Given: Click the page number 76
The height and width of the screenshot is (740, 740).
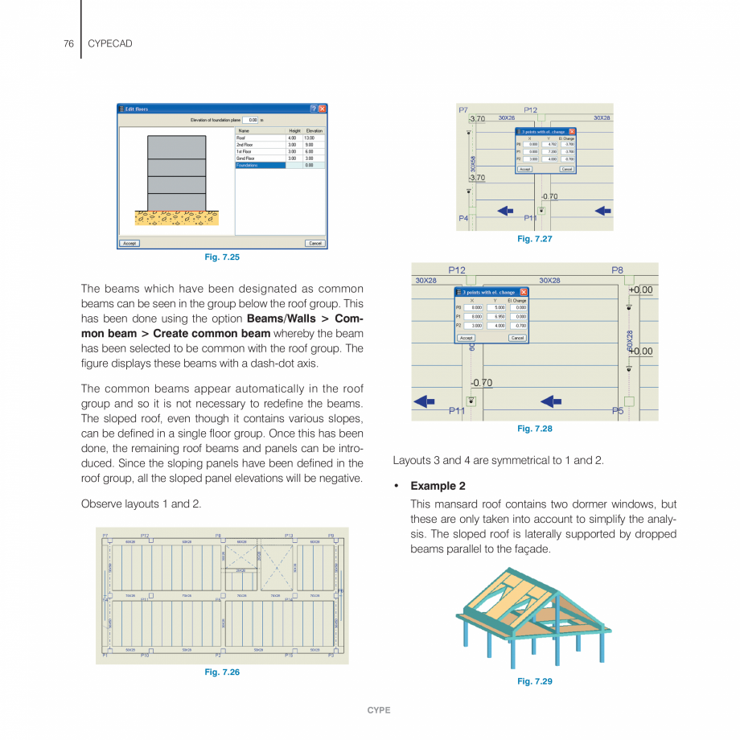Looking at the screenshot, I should coord(68,43).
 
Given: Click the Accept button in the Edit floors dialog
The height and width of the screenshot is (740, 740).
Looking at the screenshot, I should coord(129,243).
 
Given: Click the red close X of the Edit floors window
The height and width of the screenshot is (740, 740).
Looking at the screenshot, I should coord(323,109).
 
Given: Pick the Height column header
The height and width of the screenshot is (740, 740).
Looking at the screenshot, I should coord(294,130).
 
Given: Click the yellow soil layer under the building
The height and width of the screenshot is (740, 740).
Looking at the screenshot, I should coord(176,217).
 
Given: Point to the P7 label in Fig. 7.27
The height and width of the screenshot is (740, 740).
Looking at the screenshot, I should coord(463,109).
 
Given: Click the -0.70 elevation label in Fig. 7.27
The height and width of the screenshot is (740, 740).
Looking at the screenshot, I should coord(549,195).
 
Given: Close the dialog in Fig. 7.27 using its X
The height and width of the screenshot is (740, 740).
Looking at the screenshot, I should coord(572,131).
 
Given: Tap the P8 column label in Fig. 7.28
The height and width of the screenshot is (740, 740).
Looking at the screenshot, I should coord(617,270).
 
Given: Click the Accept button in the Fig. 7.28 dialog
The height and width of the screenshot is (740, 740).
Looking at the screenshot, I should coord(466,338).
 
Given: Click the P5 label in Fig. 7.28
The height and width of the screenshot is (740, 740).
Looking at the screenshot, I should coord(617,411).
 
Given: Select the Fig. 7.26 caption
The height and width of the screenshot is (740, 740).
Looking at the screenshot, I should coord(222,672).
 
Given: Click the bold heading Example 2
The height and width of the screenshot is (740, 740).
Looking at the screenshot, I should coord(438,486).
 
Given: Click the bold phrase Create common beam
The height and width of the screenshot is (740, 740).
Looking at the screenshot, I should coord(212,334).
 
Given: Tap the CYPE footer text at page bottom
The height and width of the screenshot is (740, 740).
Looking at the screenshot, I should coord(379,710).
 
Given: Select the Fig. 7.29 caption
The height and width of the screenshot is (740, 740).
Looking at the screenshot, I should coord(535,681).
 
